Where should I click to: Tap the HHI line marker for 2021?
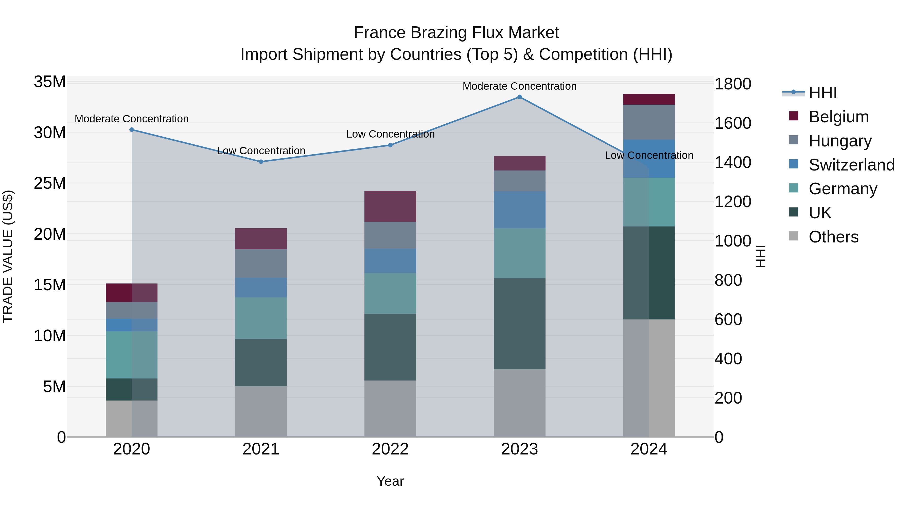[261, 162]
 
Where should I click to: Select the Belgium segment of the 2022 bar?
[390, 206]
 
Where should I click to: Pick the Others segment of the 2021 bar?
[261, 411]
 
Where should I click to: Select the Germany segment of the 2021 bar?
[261, 318]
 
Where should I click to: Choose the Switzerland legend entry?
[851, 165]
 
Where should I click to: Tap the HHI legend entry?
[822, 93]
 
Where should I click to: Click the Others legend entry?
[833, 237]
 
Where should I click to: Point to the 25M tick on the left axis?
[50, 183]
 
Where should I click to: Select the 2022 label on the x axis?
[390, 449]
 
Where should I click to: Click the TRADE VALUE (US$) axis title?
[8, 256]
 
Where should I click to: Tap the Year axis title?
[390, 481]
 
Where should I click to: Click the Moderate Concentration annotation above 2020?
[131, 119]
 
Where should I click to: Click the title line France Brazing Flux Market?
[456, 33]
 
